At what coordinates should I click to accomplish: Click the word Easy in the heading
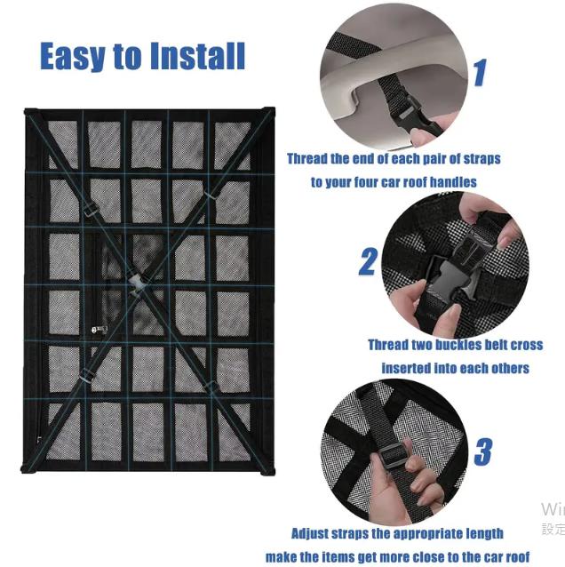72,56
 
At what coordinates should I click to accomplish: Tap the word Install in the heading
198,56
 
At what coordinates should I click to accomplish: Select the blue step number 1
480,73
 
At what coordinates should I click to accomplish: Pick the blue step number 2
368,261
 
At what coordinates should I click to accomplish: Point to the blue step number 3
483,451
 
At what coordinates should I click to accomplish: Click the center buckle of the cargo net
136,283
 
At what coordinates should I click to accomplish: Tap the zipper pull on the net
99,330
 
